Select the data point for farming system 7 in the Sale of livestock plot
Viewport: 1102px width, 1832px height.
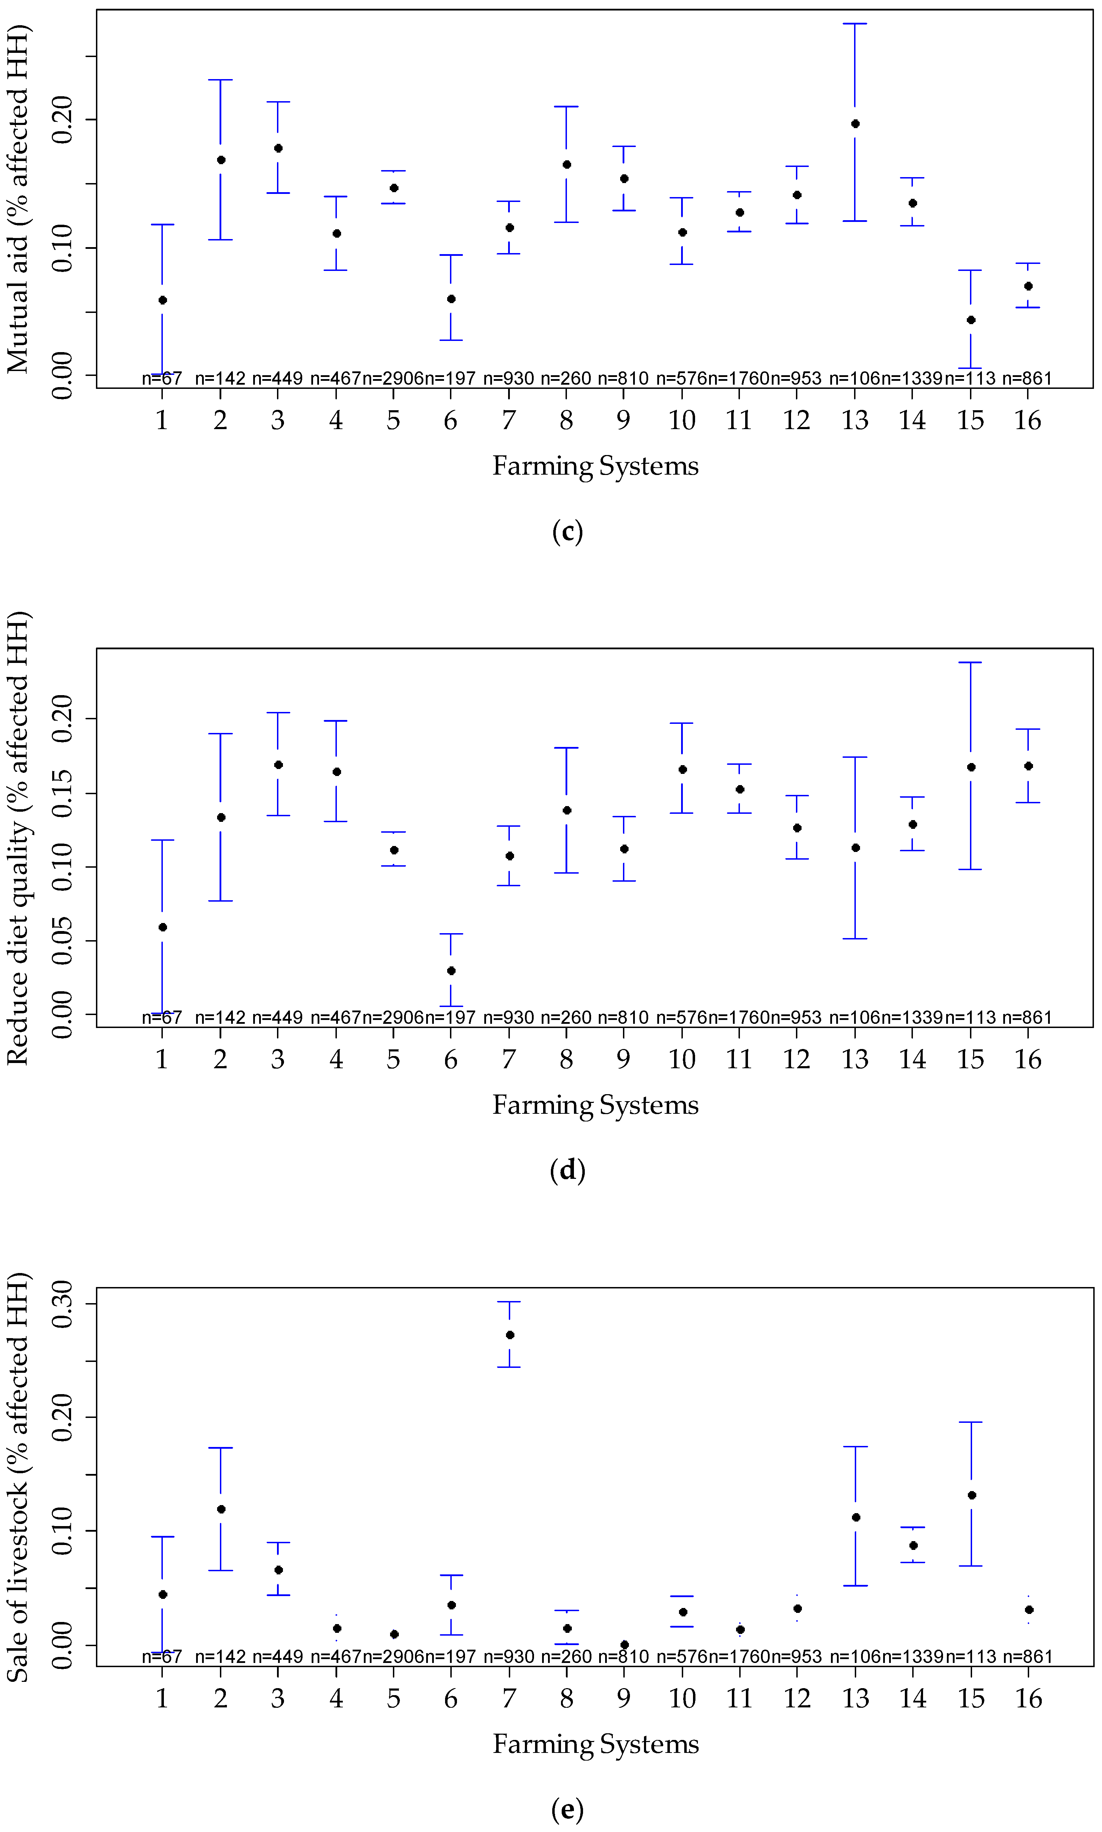pos(510,1335)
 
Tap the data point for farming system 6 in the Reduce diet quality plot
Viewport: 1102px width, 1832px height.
pos(451,971)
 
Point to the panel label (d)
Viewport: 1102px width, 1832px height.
pos(567,1170)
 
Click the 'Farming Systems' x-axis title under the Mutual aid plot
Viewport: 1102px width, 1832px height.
pos(596,466)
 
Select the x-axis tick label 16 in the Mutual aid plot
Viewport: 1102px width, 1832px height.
pos(1028,421)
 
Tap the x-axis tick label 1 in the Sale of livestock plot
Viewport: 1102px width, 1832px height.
pos(162,1698)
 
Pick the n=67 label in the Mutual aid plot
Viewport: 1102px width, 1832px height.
pos(162,379)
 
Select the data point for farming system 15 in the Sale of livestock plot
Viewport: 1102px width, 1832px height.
pos(971,1495)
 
